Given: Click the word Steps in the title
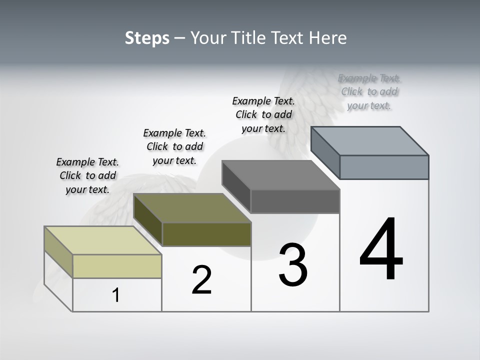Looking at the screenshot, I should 147,38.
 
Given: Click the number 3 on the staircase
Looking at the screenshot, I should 293,265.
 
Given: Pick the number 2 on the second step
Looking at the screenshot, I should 201,280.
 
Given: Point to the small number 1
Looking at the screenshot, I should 116,295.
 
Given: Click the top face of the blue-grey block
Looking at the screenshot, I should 370,140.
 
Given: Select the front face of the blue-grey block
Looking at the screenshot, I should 384,167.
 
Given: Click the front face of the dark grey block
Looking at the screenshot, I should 295,201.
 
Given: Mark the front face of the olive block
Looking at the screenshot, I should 206,234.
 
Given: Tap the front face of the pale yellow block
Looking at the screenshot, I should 117,266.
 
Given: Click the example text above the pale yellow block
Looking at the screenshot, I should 87,175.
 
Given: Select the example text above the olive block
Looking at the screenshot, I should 174,146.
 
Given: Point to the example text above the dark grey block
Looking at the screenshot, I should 263,114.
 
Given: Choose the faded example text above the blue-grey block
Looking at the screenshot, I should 369,91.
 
